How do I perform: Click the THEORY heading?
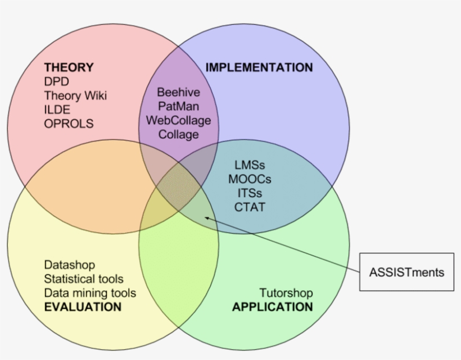pyautogui.click(x=69, y=67)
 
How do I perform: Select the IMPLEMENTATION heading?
pyautogui.click(x=259, y=67)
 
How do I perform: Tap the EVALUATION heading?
pyautogui.click(x=83, y=307)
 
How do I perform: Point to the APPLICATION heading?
pyautogui.click(x=272, y=307)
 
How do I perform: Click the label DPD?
pyautogui.click(x=56, y=81)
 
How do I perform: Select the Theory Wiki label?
pyautogui.click(x=75, y=95)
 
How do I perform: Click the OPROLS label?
pyautogui.click(x=69, y=124)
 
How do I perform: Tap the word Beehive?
pyautogui.click(x=178, y=92)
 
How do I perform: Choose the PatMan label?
pyautogui.click(x=178, y=106)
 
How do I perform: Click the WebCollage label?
pyautogui.click(x=178, y=120)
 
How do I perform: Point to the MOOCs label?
pyautogui.click(x=250, y=179)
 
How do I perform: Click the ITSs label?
pyautogui.click(x=250, y=193)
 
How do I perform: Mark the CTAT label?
pyautogui.click(x=250, y=207)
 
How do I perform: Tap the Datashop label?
pyautogui.click(x=69, y=265)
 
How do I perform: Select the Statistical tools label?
pyautogui.click(x=83, y=279)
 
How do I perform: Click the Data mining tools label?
pyautogui.click(x=90, y=293)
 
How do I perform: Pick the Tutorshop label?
pyautogui.click(x=286, y=293)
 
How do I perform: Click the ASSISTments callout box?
pyautogui.click(x=406, y=272)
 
